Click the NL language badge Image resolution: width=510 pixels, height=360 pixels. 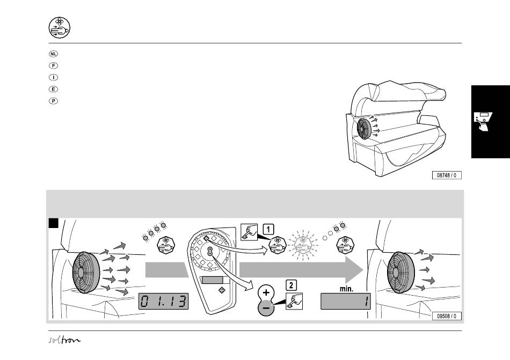(x=53, y=54)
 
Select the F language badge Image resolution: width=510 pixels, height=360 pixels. (x=53, y=65)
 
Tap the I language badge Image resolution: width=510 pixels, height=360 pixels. (x=53, y=77)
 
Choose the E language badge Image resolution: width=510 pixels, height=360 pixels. (x=53, y=89)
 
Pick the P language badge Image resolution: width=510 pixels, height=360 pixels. (x=53, y=101)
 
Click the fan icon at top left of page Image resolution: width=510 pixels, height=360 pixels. (x=60, y=27)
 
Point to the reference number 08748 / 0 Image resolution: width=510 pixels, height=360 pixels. (x=447, y=175)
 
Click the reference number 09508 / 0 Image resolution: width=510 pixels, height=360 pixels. (x=447, y=316)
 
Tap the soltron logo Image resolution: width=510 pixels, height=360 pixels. (x=64, y=340)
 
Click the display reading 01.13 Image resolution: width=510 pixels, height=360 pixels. (x=164, y=301)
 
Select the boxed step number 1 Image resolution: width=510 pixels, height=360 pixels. (x=268, y=230)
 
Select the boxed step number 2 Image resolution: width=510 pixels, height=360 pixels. (x=291, y=285)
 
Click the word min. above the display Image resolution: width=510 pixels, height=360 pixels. (x=346, y=289)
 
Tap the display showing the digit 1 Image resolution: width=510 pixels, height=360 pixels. (x=346, y=301)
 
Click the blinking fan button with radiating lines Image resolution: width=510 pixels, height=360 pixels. (x=303, y=245)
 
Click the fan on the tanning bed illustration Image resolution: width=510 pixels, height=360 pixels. (x=365, y=128)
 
